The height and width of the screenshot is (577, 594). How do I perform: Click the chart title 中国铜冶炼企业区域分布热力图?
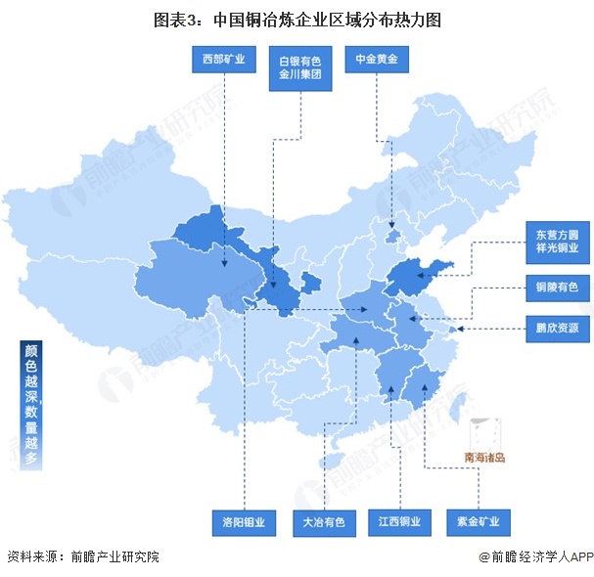[297, 20]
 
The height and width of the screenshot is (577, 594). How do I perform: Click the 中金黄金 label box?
[376, 61]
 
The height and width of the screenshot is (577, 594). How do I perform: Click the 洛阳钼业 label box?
[244, 521]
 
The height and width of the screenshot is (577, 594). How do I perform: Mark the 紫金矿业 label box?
[478, 521]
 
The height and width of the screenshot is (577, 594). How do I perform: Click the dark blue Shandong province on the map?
[419, 278]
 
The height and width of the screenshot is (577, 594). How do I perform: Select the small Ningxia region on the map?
[309, 286]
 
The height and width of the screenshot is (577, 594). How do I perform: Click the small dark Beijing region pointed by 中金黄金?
[392, 236]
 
